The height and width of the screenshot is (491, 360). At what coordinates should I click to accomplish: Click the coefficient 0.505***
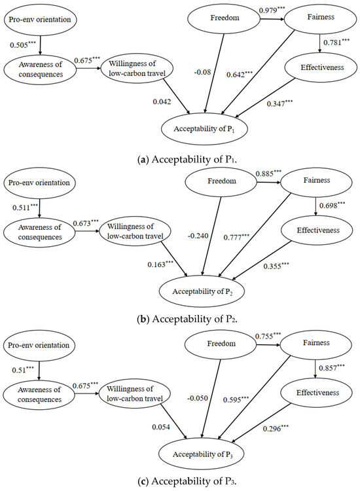pos(24,45)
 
